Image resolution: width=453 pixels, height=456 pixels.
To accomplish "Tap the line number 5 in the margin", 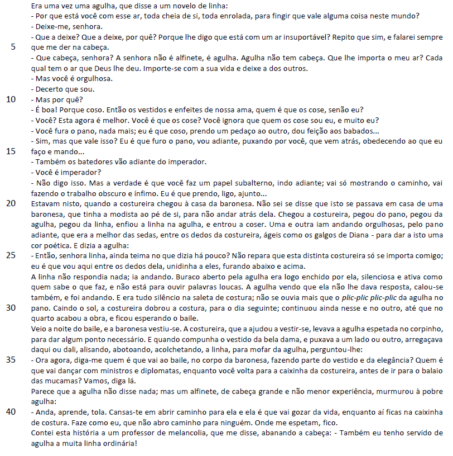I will pyautogui.click(x=13, y=47).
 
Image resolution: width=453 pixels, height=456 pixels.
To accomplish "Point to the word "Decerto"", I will pyautogui.click(x=50, y=89).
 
